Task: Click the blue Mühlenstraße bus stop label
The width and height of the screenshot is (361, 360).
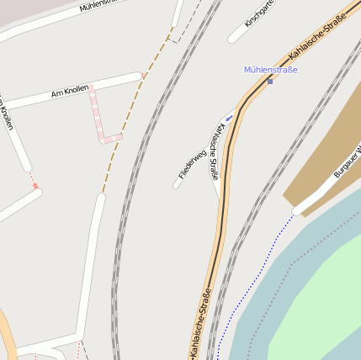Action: point(270,70)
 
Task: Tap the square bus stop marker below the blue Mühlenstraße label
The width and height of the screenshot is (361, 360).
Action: point(270,81)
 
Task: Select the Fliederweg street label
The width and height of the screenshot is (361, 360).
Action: point(192,163)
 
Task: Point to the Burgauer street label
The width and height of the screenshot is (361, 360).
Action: point(346,160)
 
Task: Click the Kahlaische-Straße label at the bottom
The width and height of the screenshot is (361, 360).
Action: point(195,323)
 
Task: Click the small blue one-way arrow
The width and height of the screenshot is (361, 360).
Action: point(228,117)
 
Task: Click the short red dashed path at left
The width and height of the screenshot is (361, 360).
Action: point(34,180)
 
